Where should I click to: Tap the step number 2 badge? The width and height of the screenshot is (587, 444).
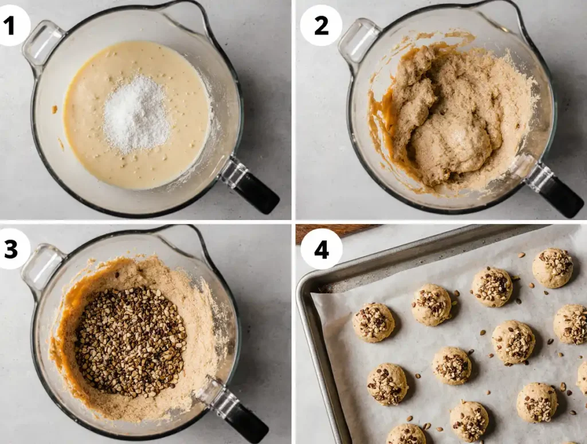click(x=321, y=26)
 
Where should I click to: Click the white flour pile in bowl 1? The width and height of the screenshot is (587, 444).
click(x=136, y=114)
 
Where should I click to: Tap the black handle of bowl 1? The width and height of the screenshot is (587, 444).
click(x=256, y=192)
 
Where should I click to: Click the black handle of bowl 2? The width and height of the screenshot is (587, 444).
click(x=561, y=195)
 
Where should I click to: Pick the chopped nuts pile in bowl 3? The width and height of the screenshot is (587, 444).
click(x=131, y=341)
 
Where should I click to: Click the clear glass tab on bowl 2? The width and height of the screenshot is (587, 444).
click(x=359, y=40)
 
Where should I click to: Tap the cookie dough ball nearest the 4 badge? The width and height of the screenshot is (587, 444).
click(x=373, y=323)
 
